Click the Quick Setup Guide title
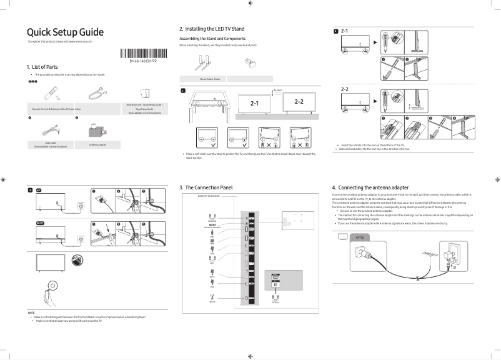coord(65,32)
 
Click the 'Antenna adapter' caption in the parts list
coord(97,144)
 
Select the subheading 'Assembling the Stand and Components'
coord(212,39)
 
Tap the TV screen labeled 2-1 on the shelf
coord(254,103)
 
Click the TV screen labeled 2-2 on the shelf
coord(299,102)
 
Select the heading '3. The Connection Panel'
coord(206,187)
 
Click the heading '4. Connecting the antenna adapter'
coord(374,187)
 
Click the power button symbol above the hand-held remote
coord(53,284)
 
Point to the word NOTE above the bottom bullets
coord(31,312)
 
